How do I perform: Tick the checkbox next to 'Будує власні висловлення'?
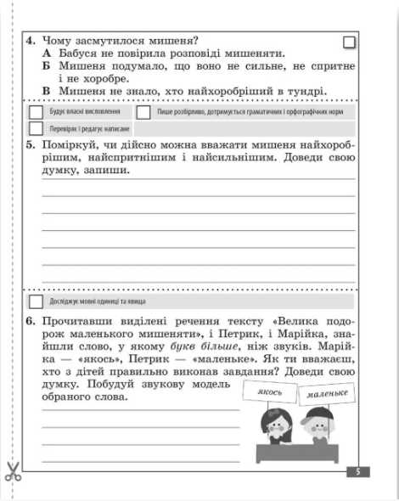36,112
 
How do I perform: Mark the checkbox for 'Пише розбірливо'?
143,112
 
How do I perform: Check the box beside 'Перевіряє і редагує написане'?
36,128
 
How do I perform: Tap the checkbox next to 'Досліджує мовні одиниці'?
36,301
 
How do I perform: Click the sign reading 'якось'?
269,391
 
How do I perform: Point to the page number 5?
359,471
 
